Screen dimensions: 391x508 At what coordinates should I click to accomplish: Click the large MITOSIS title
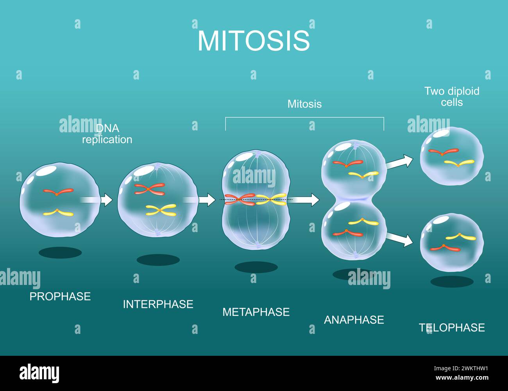tap(254, 41)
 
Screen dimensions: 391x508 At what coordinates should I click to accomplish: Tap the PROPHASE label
tap(60, 296)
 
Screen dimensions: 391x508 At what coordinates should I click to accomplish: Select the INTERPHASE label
tap(158, 304)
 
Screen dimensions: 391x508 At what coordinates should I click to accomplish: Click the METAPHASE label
tap(256, 312)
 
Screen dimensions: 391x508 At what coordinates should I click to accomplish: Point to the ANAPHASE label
tap(354, 320)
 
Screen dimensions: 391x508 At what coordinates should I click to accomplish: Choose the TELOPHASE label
tap(452, 328)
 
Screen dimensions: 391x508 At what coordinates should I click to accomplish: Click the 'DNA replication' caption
tap(107, 134)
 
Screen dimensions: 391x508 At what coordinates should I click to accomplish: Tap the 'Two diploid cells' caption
tap(452, 97)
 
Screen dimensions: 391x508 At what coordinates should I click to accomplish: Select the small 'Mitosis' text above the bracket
tap(304, 104)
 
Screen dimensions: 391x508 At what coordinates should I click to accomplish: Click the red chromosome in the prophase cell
tap(58, 192)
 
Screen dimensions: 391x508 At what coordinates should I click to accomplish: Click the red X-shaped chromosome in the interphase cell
tap(149, 189)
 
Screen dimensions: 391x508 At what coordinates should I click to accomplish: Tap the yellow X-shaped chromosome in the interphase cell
tap(161, 210)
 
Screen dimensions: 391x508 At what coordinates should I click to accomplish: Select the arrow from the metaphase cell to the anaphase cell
tap(306, 200)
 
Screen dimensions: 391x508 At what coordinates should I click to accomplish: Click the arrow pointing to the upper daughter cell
tap(399, 162)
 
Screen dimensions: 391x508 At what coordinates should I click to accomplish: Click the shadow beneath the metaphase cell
tap(256, 267)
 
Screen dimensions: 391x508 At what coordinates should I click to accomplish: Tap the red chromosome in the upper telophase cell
tap(443, 151)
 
